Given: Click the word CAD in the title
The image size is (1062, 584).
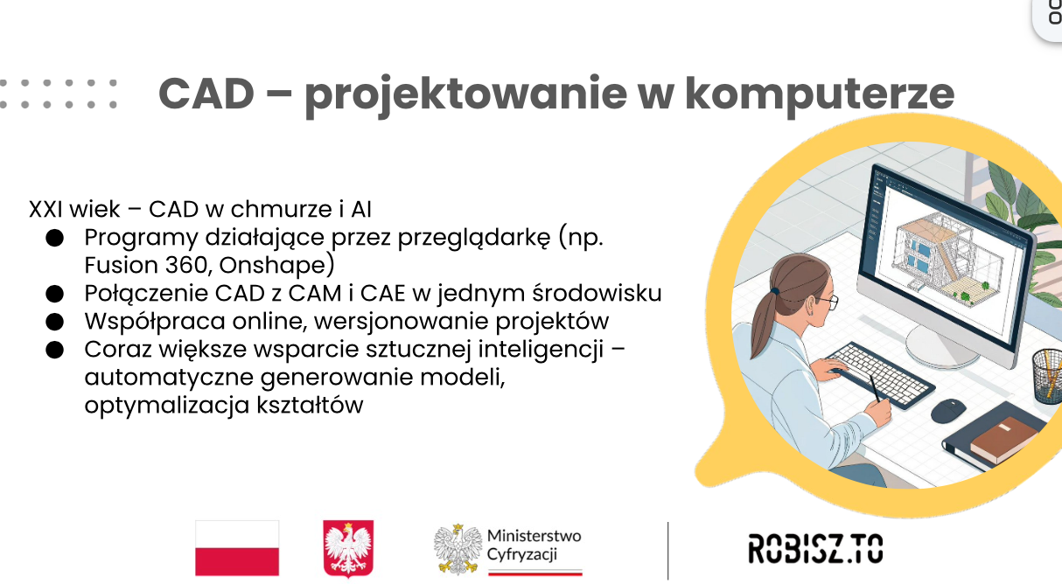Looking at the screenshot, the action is point(206,94).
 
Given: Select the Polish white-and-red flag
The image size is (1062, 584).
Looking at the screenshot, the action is point(237,548).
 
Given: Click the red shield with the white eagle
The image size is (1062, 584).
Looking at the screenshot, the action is point(348,548).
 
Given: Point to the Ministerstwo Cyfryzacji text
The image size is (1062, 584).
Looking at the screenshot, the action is point(534,545).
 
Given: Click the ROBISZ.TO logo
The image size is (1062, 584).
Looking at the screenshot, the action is point(815,548).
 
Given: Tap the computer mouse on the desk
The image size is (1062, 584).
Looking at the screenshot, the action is point(948,411).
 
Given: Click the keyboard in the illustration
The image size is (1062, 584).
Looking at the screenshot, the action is point(878,374).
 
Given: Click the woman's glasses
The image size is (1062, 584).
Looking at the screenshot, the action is point(828,302).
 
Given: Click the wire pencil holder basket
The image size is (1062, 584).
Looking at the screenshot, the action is point(1047,376).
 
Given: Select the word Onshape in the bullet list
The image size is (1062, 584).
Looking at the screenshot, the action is point(276,265).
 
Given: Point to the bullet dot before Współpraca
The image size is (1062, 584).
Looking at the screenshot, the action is point(54,322).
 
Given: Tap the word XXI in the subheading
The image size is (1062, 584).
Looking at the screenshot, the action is point(46,209).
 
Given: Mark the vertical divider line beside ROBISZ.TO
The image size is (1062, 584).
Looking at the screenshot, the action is point(668,551).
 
